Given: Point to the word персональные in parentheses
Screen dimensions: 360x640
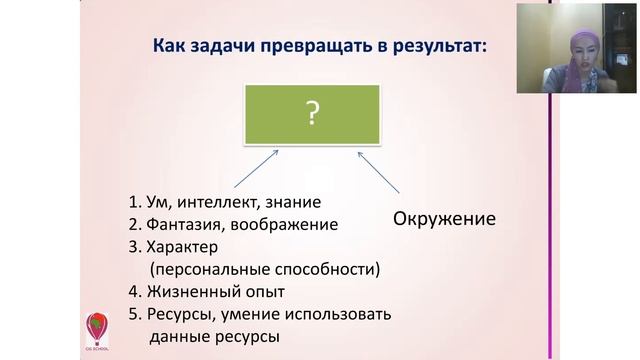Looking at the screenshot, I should [207, 270].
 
